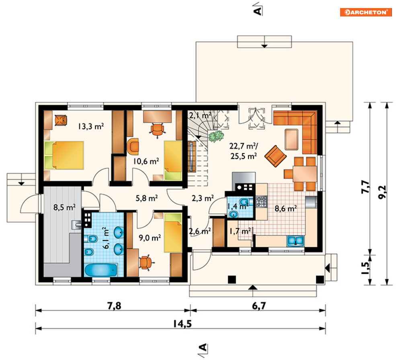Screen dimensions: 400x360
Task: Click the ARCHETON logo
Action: tap(366, 12)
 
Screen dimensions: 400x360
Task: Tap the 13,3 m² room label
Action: tap(91, 126)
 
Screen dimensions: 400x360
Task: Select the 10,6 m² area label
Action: tap(146, 161)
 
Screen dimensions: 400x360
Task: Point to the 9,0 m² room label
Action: tap(150, 238)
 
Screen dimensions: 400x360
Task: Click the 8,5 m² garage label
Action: tap(64, 207)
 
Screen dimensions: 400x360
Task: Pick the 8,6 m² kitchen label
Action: tap(286, 209)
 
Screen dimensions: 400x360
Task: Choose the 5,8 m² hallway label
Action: tap(147, 198)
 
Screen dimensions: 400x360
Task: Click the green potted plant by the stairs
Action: tap(216, 136)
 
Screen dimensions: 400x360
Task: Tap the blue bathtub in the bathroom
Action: tap(101, 270)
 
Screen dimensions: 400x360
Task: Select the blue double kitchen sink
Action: tap(295, 241)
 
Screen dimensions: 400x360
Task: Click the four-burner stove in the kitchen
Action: tap(261, 201)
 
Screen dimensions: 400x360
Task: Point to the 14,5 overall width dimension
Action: tap(183, 324)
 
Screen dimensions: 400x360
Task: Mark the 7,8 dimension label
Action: tap(114, 305)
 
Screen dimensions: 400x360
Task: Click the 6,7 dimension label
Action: tap(259, 305)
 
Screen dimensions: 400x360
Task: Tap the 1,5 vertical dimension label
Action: tap(365, 268)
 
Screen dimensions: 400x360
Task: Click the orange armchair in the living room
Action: tap(275, 156)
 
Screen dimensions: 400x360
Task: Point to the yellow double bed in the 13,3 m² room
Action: tap(64, 155)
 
